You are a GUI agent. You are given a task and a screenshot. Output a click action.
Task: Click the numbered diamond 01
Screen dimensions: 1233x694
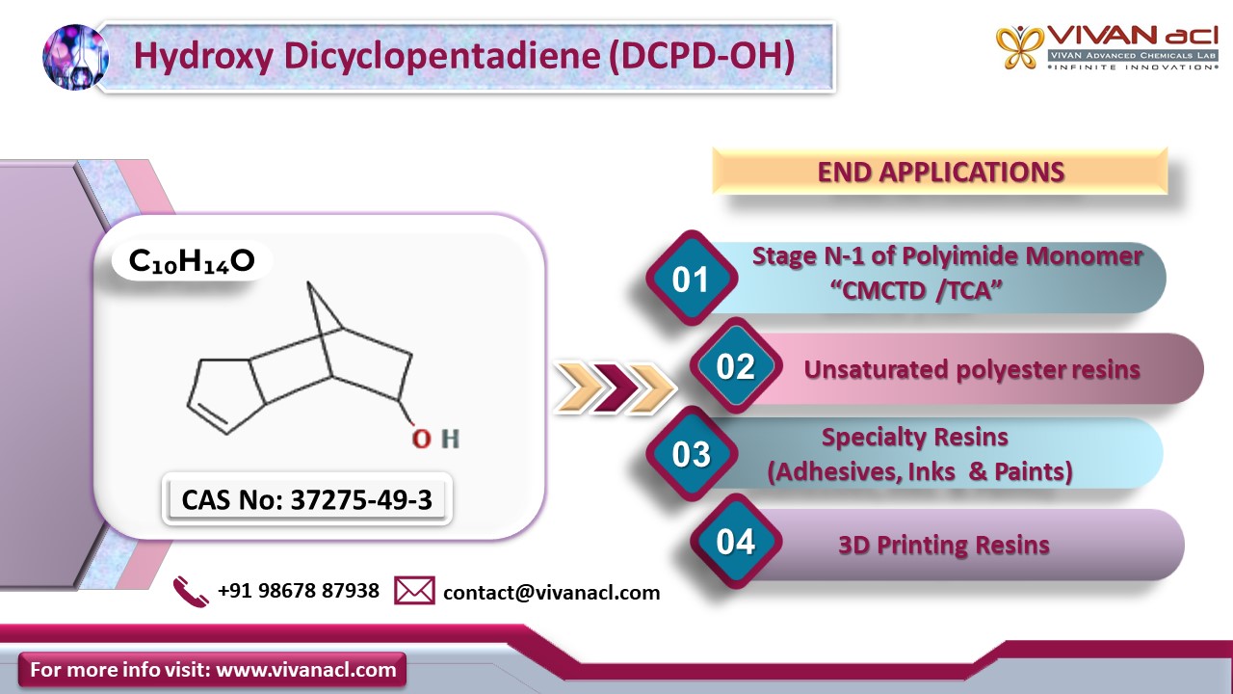click(x=692, y=278)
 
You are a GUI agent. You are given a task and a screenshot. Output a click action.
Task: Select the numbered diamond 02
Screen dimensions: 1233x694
click(x=736, y=365)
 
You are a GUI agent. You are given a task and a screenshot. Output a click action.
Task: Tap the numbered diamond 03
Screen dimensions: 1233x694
click(x=692, y=453)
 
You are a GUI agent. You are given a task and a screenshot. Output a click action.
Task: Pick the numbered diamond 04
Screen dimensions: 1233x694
click(x=736, y=541)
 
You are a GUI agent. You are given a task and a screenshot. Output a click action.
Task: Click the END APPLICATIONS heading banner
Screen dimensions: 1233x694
click(x=940, y=172)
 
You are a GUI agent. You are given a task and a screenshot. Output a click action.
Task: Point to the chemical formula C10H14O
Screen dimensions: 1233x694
click(x=192, y=261)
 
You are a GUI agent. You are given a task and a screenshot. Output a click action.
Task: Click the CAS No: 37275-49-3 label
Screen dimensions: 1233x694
click(x=307, y=499)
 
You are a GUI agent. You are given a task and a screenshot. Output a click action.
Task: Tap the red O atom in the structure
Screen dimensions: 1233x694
click(x=422, y=439)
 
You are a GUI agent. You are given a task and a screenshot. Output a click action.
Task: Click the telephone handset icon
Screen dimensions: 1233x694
click(x=191, y=592)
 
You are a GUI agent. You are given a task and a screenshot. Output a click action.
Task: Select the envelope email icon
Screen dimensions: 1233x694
click(x=414, y=591)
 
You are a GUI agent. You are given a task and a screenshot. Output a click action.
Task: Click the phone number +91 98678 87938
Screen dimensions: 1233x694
click(x=299, y=591)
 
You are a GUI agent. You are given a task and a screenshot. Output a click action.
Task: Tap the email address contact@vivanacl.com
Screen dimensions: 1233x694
click(x=552, y=593)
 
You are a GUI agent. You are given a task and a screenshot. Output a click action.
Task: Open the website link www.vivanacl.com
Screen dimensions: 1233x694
click(x=306, y=670)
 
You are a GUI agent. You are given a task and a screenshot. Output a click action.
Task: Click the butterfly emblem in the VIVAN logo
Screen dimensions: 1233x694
click(x=1019, y=47)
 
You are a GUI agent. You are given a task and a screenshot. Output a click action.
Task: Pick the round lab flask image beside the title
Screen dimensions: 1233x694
click(x=75, y=57)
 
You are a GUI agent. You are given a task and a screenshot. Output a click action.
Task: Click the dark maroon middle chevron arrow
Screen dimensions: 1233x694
click(x=616, y=387)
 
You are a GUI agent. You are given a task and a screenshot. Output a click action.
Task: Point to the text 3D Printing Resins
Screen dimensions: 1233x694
click(x=944, y=545)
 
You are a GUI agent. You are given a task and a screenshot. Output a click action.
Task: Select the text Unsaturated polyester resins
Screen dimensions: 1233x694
click(x=972, y=369)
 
